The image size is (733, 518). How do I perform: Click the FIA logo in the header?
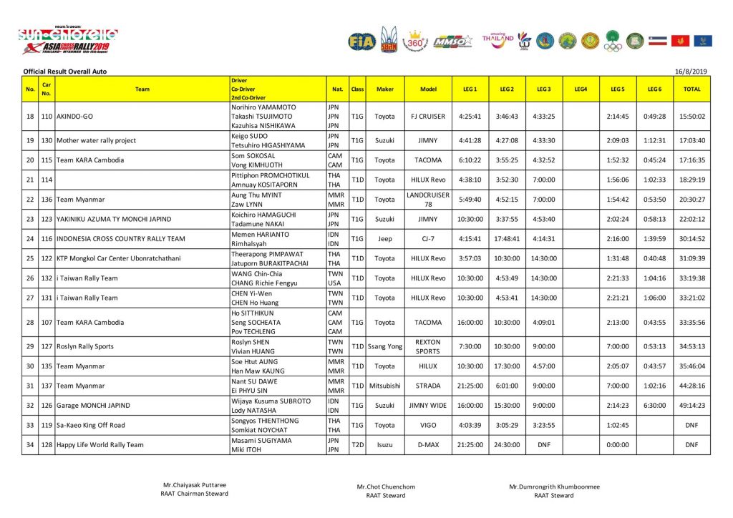pos(361,41)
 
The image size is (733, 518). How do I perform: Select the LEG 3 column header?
pos(543,89)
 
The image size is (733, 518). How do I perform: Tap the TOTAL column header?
pos(691,89)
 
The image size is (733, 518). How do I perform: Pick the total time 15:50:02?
pos(691,116)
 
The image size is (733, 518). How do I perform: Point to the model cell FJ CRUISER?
pos(428,116)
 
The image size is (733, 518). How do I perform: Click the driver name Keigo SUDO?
pos(249,135)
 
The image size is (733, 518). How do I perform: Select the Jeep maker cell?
pos(384,238)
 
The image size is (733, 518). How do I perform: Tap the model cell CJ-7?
pos(428,238)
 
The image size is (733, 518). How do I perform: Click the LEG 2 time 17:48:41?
pos(507,238)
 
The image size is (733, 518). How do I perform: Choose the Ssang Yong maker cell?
pos(384,346)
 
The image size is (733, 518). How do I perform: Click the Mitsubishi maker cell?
pos(384,386)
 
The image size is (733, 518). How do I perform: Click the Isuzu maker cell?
pos(384,444)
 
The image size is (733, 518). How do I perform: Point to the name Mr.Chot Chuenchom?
pos(386,487)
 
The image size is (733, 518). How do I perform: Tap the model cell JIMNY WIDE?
pos(428,405)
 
